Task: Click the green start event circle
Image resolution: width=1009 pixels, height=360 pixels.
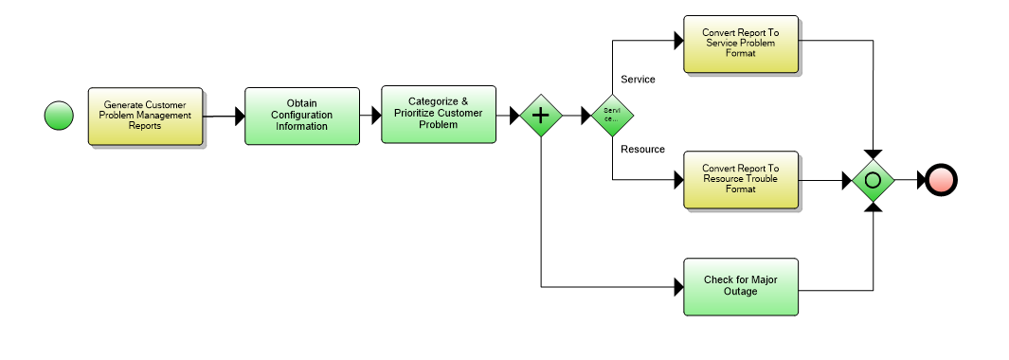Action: tap(59, 116)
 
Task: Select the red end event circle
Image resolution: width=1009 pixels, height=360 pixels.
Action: tap(942, 179)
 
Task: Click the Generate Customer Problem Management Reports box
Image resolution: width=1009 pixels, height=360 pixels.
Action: tap(145, 116)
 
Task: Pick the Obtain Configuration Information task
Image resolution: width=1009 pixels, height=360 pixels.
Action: tap(301, 116)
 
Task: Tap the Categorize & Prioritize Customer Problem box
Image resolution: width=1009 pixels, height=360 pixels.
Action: tap(438, 114)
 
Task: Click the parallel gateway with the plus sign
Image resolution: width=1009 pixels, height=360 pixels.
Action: tap(541, 115)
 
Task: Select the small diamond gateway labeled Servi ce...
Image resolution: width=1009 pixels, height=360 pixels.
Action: tap(611, 115)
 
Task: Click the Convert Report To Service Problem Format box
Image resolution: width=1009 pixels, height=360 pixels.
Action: tap(740, 44)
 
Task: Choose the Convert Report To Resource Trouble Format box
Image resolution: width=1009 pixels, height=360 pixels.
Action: tap(740, 178)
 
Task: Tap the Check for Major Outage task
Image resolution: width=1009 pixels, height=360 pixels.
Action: tap(740, 286)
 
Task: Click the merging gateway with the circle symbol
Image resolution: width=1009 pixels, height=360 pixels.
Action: tap(873, 179)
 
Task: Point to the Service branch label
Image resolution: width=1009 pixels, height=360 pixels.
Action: tap(637, 80)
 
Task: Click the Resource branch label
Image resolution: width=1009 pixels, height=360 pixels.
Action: tap(641, 149)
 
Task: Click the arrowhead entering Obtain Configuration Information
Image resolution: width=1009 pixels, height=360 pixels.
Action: tap(239, 117)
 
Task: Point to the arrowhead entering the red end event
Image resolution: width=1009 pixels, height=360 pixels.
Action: tap(921, 179)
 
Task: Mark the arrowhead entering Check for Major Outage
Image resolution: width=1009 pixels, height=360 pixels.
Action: tap(677, 286)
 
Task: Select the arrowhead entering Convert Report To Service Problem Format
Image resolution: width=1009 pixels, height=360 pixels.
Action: tap(677, 42)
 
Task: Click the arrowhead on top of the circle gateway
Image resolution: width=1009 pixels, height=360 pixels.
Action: tap(873, 153)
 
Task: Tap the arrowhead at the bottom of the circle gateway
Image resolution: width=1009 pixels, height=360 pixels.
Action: tap(873, 206)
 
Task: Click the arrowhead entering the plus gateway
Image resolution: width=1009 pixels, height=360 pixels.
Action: tap(515, 115)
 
